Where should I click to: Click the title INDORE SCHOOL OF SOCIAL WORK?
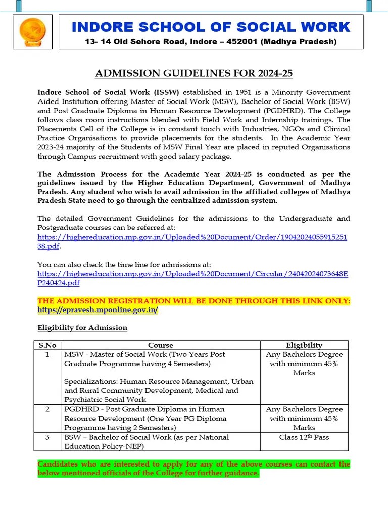click(x=211, y=27)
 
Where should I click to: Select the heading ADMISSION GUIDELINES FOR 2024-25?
click(x=194, y=74)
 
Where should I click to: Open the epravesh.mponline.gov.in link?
click(x=98, y=310)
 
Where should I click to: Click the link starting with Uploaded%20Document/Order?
click(x=192, y=237)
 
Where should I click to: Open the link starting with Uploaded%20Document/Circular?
click(x=192, y=274)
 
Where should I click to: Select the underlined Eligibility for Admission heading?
click(x=82, y=328)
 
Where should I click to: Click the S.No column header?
click(x=47, y=345)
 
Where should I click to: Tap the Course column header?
click(x=161, y=345)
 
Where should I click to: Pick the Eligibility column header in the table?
click(x=304, y=345)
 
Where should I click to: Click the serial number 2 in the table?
click(x=47, y=409)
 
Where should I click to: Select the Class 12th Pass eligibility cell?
click(x=304, y=437)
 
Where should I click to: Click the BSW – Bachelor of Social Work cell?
click(x=147, y=437)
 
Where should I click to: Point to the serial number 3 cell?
click(x=47, y=437)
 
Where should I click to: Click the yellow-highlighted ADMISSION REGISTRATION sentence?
click(x=194, y=301)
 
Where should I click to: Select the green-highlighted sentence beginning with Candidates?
click(x=194, y=469)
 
